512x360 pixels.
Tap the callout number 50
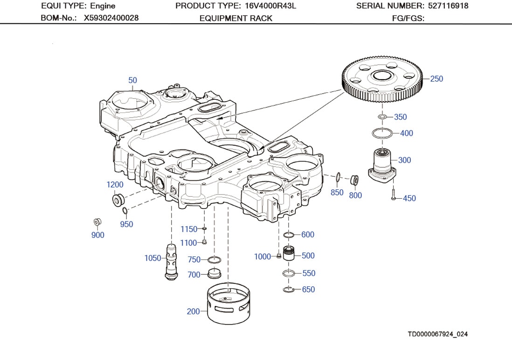(133, 80)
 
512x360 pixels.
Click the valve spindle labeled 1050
(171, 261)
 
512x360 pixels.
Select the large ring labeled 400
(382, 133)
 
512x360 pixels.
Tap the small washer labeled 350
(382, 117)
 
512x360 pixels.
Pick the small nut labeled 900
(97, 222)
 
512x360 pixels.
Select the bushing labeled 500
(289, 255)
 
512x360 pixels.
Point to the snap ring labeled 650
(289, 290)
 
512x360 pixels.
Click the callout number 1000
(262, 256)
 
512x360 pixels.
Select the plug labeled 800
(354, 180)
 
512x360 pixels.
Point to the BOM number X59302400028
(111, 18)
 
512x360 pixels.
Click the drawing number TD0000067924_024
(437, 334)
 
